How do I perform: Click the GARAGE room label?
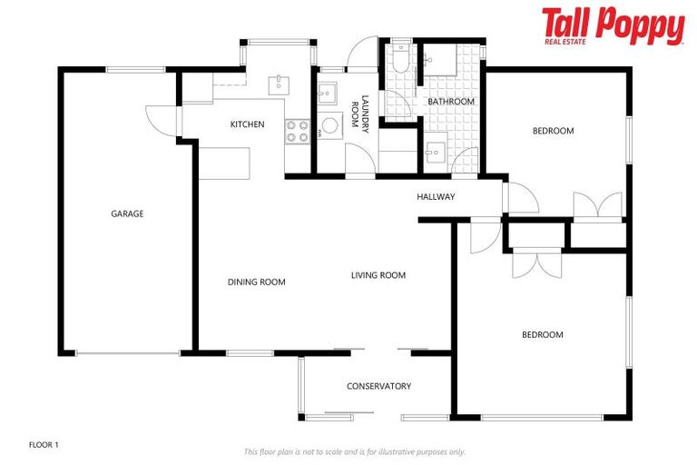tap(127, 214)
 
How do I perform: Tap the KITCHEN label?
tap(247, 124)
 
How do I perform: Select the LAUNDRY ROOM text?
tap(365, 114)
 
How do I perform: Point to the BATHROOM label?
tap(451, 102)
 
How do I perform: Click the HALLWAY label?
tap(436, 197)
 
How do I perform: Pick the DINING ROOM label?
tap(256, 282)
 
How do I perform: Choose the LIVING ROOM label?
tap(378, 275)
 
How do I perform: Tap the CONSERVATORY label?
tap(378, 386)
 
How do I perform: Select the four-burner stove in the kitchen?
tap(298, 131)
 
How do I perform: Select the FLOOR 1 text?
tap(44, 445)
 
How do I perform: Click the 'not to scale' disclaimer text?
tap(354, 451)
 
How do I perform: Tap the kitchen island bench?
tap(222, 163)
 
